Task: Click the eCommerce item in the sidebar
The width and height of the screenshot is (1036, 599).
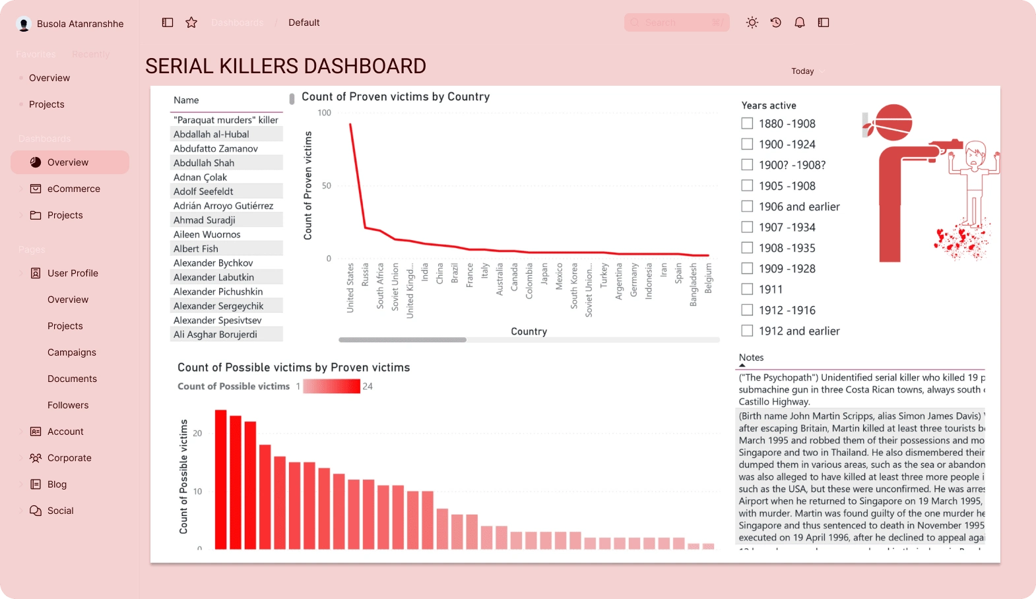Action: [x=73, y=189]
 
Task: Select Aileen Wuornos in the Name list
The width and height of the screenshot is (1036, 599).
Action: [x=207, y=234]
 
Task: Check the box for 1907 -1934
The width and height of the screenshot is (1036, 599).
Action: [x=747, y=227]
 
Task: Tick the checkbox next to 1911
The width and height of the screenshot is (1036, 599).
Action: [x=747, y=289]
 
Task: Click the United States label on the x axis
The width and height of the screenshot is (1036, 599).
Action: [x=350, y=288]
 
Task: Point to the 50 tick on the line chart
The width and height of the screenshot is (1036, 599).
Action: [x=327, y=186]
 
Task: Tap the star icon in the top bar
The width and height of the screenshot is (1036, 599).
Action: [x=191, y=22]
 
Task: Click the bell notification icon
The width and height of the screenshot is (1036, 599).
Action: [x=800, y=22]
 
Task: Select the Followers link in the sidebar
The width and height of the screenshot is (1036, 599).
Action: [x=68, y=405]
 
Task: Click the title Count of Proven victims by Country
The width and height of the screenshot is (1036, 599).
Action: [x=395, y=97]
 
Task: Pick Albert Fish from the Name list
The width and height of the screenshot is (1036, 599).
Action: [x=195, y=249]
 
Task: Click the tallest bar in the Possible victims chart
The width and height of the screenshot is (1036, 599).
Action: [x=220, y=479]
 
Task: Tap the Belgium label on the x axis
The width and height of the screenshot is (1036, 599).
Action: [x=709, y=278]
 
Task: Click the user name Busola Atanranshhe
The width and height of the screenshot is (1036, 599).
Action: [x=80, y=24]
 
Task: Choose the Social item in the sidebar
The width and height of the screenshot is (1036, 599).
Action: [x=60, y=511]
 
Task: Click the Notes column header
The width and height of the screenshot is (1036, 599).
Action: [x=751, y=358]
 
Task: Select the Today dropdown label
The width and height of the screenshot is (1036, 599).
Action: [x=802, y=71]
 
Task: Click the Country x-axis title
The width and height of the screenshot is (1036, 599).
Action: [x=529, y=331]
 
